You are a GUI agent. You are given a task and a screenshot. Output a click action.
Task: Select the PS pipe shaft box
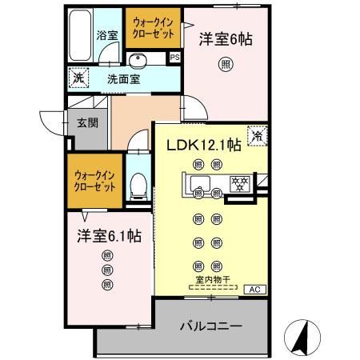tap(174, 57)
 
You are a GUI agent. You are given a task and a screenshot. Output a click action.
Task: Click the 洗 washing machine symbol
tap(78, 79)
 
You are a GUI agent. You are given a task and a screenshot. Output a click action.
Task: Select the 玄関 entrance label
tap(87, 124)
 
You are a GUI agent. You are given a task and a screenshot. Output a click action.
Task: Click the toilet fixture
tap(137, 187)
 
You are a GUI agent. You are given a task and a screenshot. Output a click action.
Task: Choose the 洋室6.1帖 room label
tap(109, 236)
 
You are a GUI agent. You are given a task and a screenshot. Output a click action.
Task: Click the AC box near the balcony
tap(254, 289)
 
